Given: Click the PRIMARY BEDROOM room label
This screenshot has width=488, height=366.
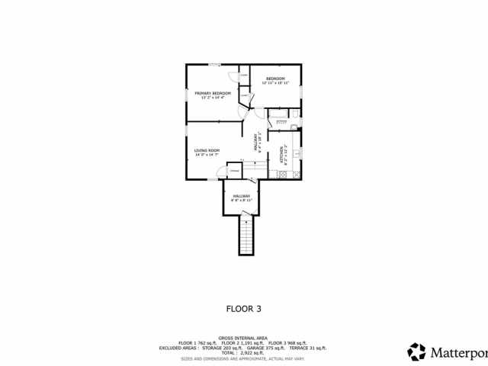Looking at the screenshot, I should click(x=212, y=93).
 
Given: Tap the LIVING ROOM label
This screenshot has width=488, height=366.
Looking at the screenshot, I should click(x=207, y=150).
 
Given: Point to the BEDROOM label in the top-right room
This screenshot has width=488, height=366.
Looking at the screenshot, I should click(x=275, y=79).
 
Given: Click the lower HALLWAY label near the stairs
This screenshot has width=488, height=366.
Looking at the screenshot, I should click(x=242, y=197).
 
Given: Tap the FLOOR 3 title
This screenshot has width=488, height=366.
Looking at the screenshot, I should click(x=244, y=309).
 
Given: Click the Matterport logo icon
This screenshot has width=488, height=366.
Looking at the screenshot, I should click(x=416, y=352).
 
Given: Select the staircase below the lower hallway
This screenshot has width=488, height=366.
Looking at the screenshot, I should click(x=246, y=236).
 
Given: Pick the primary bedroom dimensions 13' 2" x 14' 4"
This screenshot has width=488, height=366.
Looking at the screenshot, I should click(x=211, y=98).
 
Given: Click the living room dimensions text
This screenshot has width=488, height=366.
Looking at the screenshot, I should click(x=207, y=155).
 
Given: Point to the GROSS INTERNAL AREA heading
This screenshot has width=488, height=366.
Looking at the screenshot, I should click(x=244, y=336).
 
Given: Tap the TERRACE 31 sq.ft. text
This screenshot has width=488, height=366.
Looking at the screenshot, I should click(x=307, y=347).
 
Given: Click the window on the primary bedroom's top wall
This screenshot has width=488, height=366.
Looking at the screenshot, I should click(x=216, y=65).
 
